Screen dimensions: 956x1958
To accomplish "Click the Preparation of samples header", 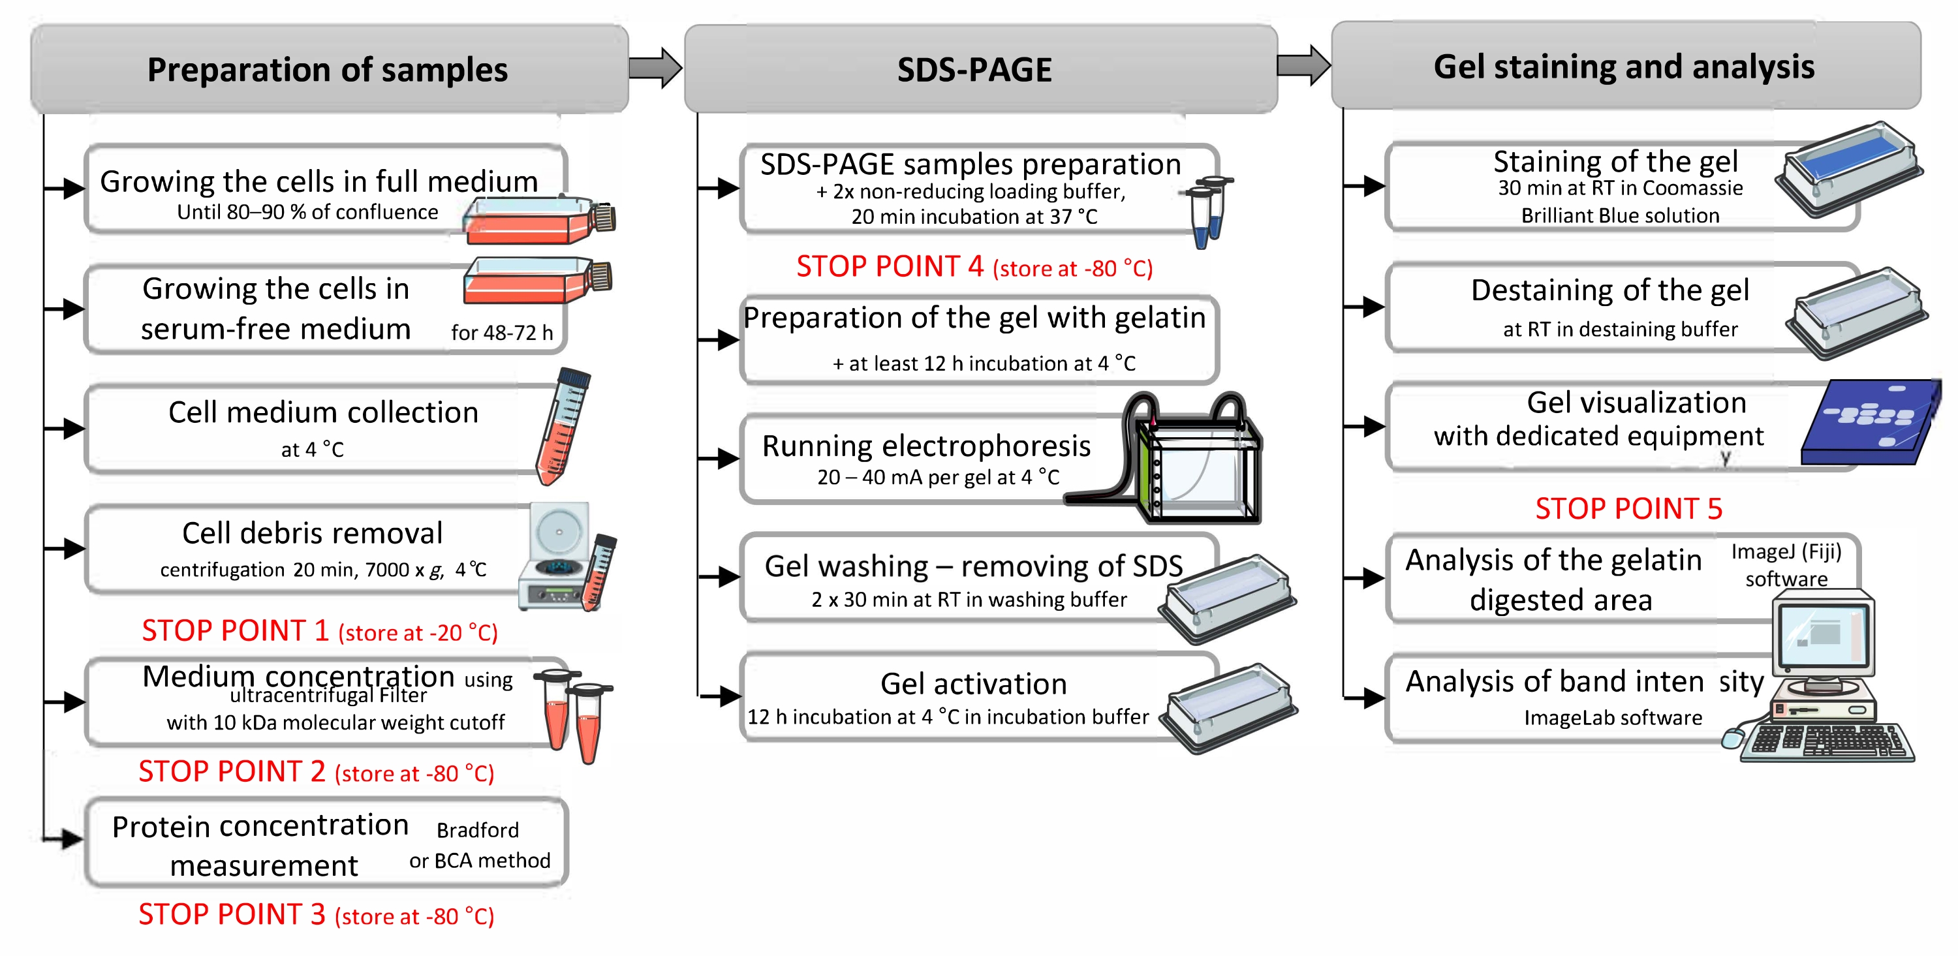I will tap(328, 69).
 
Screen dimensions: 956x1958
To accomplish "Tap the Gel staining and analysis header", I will tap(1624, 66).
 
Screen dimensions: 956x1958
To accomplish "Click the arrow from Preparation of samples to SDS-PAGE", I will tap(655, 68).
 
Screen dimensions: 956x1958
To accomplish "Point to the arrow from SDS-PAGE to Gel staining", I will tap(1303, 65).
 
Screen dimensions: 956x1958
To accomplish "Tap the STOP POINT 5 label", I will tap(1628, 508).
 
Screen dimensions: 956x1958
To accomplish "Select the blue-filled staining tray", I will tap(1848, 167).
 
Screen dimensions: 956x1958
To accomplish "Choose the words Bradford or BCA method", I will tap(480, 845).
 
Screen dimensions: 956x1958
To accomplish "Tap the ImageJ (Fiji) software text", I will tap(1786, 564).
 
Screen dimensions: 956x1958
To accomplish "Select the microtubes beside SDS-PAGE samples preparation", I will tap(1208, 211).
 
